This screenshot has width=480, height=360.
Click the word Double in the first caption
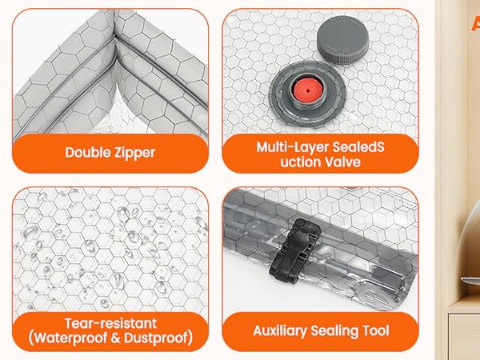click(x=83, y=152)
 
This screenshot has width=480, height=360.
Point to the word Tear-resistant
click(x=110, y=323)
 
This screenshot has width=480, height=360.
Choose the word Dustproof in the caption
click(x=158, y=338)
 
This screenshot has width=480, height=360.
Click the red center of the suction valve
click(x=306, y=91)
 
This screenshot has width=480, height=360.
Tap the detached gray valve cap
click(x=342, y=39)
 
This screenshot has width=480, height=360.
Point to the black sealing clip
click(x=294, y=252)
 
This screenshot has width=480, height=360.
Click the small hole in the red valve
click(x=307, y=90)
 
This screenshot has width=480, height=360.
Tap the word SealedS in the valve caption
click(x=358, y=147)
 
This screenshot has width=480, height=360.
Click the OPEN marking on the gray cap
click(x=346, y=50)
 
